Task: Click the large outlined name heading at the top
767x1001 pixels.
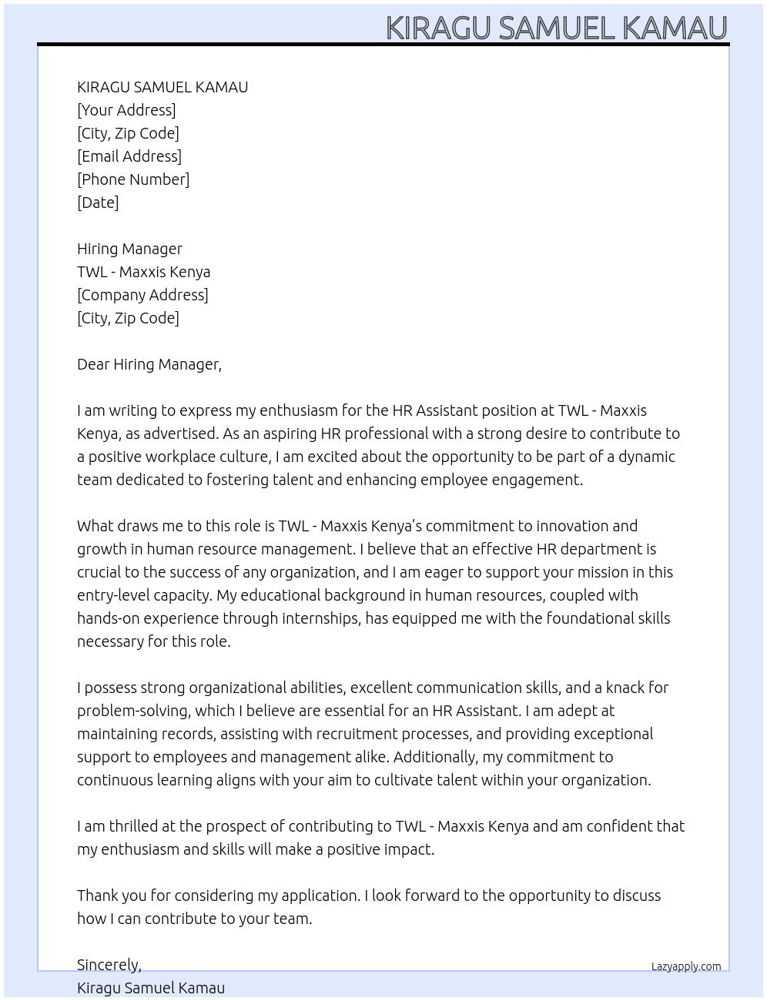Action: (556, 28)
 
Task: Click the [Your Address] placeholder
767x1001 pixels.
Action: (126, 110)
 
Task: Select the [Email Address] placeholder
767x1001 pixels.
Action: (129, 156)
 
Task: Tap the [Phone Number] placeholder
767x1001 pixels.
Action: (133, 179)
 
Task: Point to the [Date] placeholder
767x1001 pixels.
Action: (98, 203)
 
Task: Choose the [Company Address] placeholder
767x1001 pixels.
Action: (142, 295)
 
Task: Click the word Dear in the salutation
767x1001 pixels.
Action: (92, 364)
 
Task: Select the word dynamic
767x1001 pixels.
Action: (646, 457)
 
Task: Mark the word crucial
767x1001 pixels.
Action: (99, 572)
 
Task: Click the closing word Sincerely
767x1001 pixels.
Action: (109, 965)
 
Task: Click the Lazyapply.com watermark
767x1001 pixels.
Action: (685, 966)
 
